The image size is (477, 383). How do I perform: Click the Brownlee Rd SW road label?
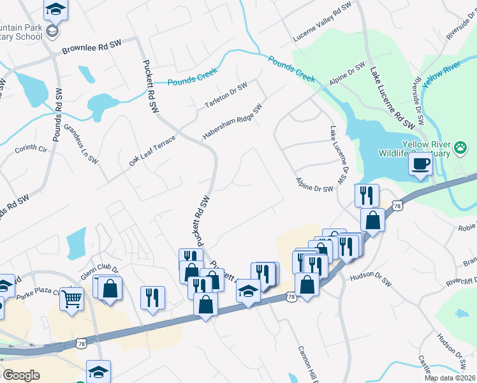[x=91, y=48]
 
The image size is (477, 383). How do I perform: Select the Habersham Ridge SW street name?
[x=233, y=123]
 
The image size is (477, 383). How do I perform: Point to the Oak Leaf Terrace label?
[x=152, y=151]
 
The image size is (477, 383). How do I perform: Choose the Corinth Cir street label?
[x=31, y=149]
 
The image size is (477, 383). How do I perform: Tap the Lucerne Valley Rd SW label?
[x=323, y=23]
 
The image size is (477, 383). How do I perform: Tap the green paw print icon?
[x=460, y=148]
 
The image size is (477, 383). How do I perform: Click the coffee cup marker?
[x=420, y=164]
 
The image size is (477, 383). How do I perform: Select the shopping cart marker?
[x=71, y=297]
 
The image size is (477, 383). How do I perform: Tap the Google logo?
[x=22, y=375]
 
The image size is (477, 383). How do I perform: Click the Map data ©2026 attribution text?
[x=450, y=378]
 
